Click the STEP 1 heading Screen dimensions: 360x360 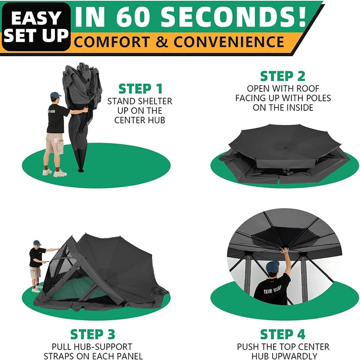[140, 89]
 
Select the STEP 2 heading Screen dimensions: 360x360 [283, 76]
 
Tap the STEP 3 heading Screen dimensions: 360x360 [93, 335]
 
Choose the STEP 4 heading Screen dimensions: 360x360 [283, 335]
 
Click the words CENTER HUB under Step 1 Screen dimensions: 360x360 [139, 120]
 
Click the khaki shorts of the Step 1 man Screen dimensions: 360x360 [55, 144]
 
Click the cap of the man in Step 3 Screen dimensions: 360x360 [37, 243]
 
